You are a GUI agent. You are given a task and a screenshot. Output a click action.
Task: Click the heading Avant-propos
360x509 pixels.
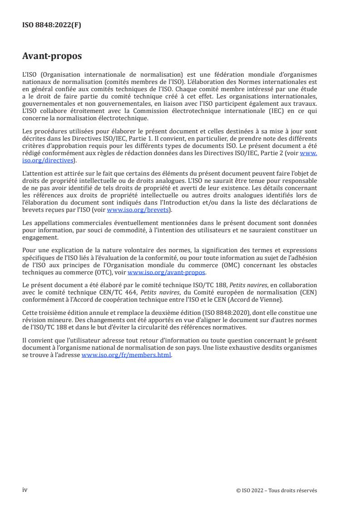[52, 56]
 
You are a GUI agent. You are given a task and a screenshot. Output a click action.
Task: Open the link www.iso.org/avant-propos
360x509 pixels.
[167, 272]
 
